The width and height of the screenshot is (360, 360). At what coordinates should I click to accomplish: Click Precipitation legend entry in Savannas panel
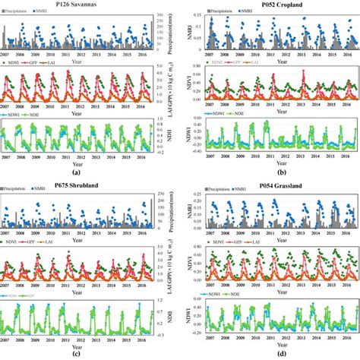pyautogui.click(x=21, y=13)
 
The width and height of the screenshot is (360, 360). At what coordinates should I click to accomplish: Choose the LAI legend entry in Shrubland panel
pyautogui.click(x=70, y=242)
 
